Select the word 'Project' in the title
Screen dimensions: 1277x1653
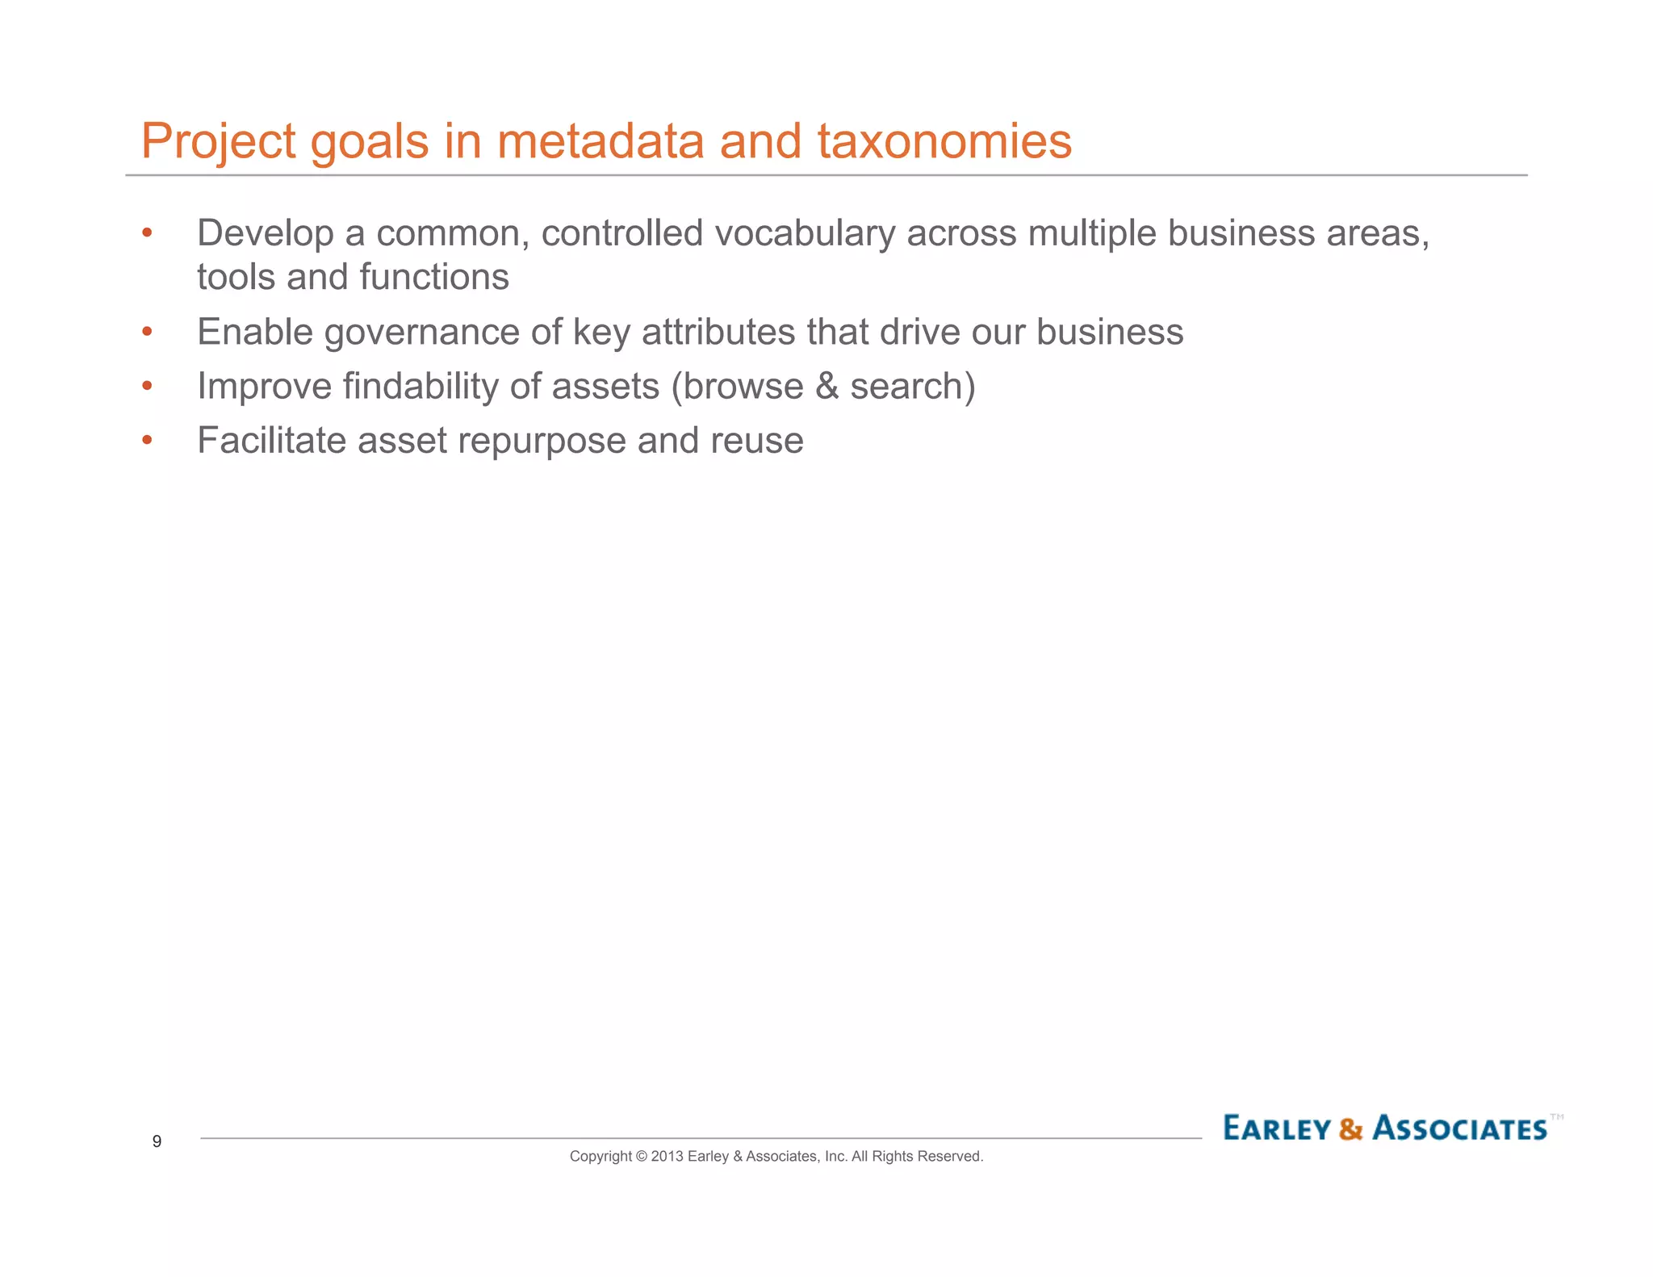pos(219,143)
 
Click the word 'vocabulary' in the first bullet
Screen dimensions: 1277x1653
pos(805,234)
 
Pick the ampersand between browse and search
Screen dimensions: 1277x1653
pos(827,387)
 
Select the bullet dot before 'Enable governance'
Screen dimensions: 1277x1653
pos(147,333)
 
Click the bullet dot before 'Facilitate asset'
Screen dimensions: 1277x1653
pos(147,441)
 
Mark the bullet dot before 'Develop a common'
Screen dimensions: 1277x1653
pos(147,234)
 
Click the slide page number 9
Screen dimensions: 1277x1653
pos(157,1141)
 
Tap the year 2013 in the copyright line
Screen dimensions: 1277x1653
pos(667,1157)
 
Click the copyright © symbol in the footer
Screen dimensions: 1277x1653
pos(642,1157)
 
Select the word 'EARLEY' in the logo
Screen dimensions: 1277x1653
pos(1277,1128)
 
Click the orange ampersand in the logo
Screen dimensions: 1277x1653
pos(1350,1129)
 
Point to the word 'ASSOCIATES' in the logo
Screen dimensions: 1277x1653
pos(1459,1128)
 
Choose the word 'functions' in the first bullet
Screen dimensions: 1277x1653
pos(434,278)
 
